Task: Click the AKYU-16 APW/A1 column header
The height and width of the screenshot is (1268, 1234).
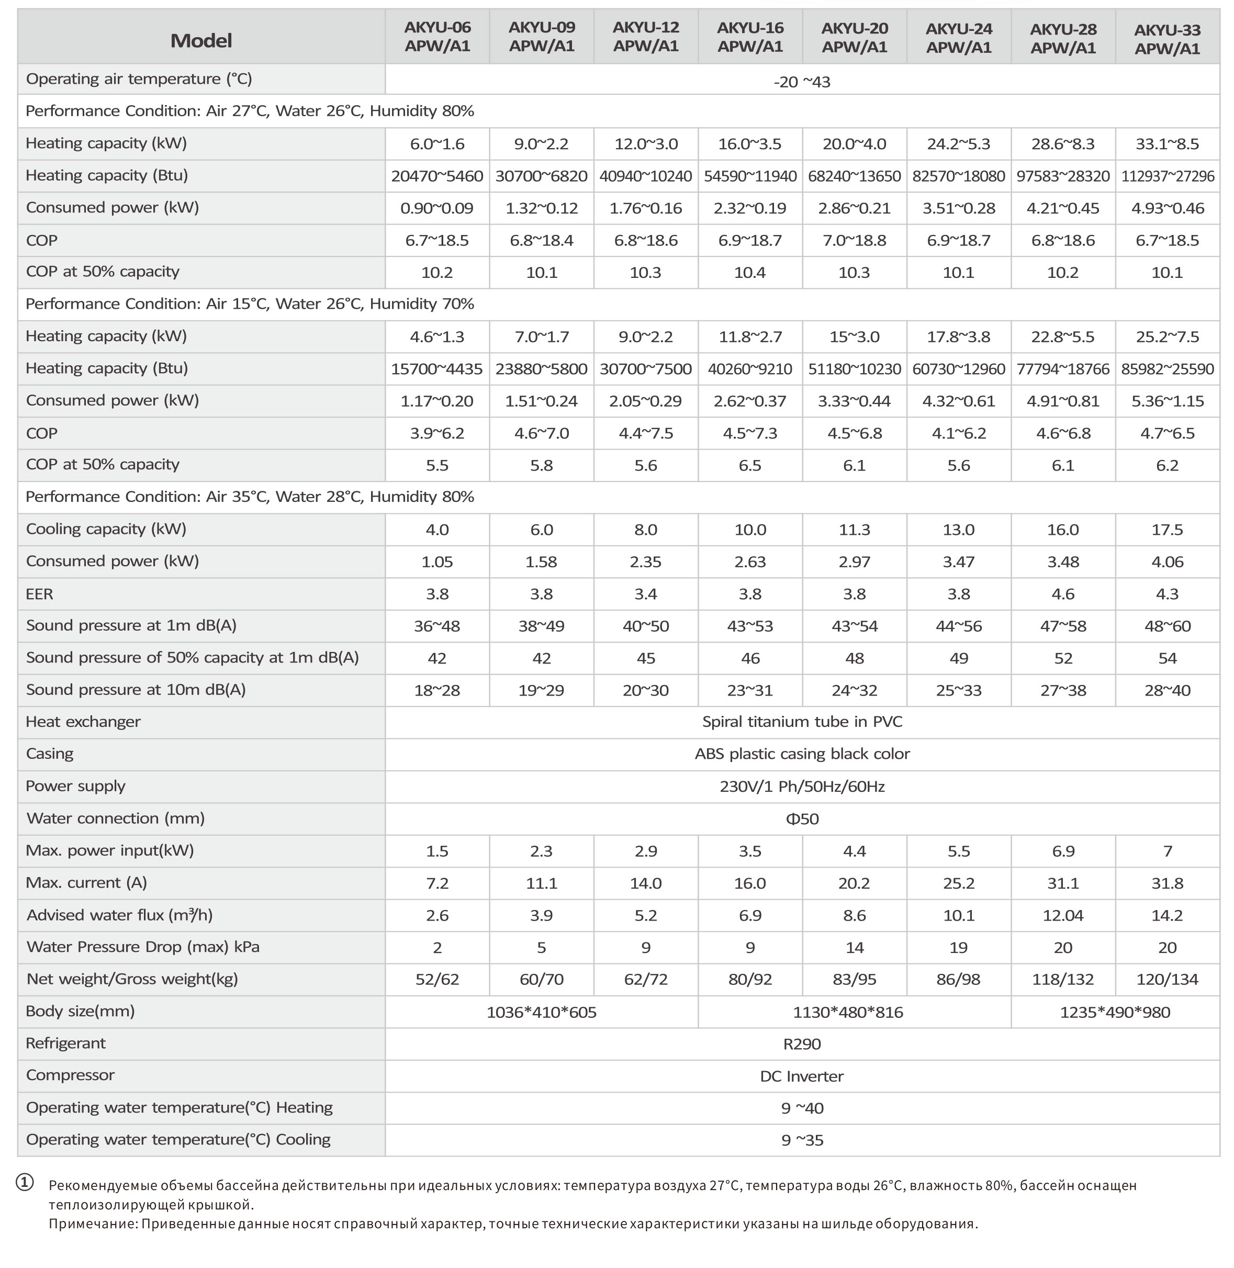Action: (750, 37)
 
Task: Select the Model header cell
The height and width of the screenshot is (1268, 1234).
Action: (201, 40)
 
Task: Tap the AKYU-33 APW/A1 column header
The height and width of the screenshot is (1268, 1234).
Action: (1167, 39)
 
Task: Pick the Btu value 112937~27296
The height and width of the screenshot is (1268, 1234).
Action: (1167, 176)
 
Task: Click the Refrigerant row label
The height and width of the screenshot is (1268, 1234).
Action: (65, 1043)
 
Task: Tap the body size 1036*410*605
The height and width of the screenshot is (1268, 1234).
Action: (541, 1013)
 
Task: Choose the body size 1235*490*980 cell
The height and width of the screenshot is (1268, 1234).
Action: (1115, 1013)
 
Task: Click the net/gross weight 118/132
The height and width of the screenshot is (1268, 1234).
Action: (1063, 980)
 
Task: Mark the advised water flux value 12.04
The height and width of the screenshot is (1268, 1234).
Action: (1063, 915)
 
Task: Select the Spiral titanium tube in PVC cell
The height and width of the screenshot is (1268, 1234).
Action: (802, 722)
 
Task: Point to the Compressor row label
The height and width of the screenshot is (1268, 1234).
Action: (70, 1075)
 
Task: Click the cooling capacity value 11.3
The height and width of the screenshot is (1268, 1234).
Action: (854, 530)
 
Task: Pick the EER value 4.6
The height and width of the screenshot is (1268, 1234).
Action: (1063, 594)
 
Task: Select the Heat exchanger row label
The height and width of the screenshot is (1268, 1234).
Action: (83, 722)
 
